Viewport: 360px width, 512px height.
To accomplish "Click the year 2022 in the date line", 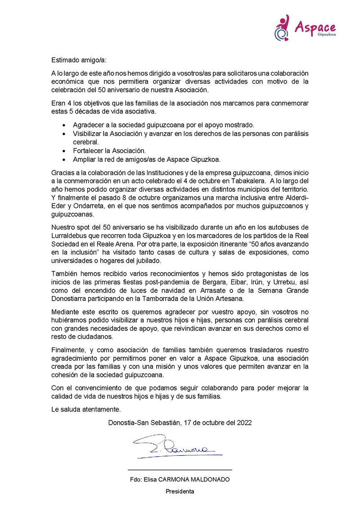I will (244, 422).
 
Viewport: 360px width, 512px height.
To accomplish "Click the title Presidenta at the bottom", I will (180, 491).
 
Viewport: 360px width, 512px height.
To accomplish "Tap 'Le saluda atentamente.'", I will (86, 409).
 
